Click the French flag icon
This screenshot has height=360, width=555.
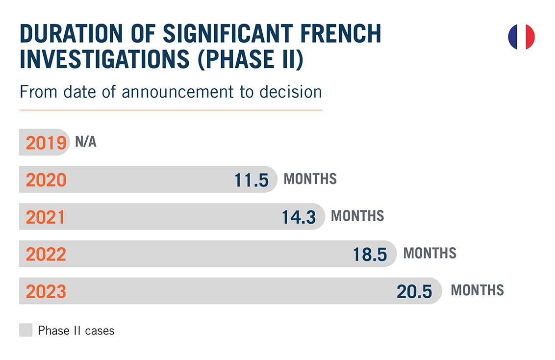click(x=521, y=37)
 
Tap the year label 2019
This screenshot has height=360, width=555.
click(x=46, y=143)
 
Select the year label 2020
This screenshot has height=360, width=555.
click(x=46, y=180)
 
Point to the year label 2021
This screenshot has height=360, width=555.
click(x=45, y=217)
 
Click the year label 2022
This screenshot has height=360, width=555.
click(x=46, y=254)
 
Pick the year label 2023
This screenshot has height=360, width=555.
click(x=46, y=291)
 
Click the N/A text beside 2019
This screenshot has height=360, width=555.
click(x=86, y=142)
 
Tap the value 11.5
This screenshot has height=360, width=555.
click(x=252, y=180)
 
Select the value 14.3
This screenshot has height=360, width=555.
click(x=299, y=217)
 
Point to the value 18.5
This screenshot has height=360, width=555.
click(x=370, y=255)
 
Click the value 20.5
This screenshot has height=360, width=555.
click(x=414, y=292)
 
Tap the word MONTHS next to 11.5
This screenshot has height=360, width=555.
click(x=310, y=179)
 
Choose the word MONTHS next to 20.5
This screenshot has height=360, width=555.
click(x=477, y=290)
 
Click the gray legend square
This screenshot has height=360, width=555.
click(x=26, y=330)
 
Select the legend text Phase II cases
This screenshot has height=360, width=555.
click(x=76, y=331)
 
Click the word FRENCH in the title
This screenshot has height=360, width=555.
click(x=341, y=34)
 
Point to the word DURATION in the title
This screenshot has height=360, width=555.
click(x=71, y=34)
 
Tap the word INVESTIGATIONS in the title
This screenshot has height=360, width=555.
click(x=105, y=59)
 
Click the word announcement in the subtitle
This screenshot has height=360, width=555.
click(x=177, y=92)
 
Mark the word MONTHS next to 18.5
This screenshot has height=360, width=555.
click(x=429, y=253)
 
